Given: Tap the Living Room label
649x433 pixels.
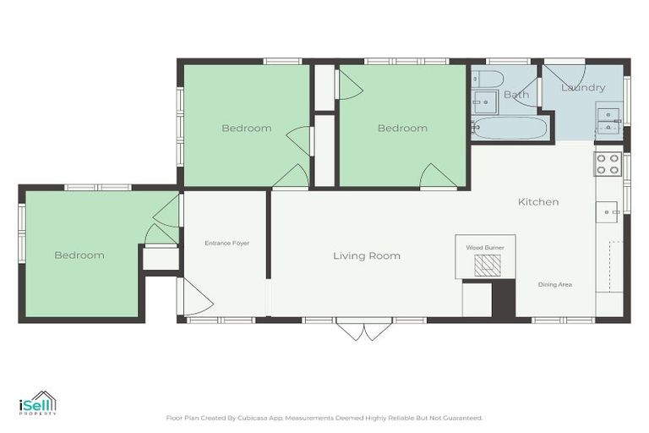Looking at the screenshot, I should (x=367, y=255).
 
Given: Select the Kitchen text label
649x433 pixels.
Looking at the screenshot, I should (x=538, y=202).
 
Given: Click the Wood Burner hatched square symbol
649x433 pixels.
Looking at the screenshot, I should (x=486, y=266).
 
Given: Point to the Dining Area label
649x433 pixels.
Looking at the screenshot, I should (x=555, y=284).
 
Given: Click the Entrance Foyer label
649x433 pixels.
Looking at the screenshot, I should (x=226, y=243).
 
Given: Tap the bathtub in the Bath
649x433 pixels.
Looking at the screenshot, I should (x=510, y=128).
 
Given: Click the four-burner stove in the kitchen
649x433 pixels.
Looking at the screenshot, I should (x=608, y=163).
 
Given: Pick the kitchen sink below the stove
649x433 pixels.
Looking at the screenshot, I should (x=607, y=211).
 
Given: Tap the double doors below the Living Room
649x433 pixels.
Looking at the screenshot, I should (x=363, y=330).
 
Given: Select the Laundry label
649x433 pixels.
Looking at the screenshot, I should (x=583, y=88).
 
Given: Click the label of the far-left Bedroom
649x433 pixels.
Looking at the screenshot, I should (x=79, y=255).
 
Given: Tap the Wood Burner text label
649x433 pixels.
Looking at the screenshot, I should (x=485, y=248).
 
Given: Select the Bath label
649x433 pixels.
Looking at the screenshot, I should (x=516, y=95).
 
